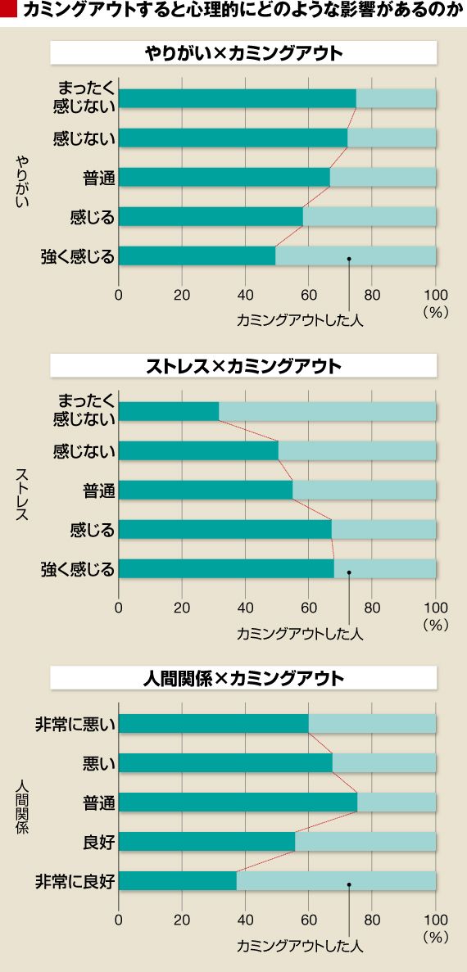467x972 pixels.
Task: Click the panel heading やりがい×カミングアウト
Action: click(x=243, y=53)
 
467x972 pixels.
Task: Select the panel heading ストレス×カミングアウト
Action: click(x=243, y=366)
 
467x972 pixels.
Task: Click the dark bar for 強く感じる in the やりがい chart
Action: click(x=197, y=256)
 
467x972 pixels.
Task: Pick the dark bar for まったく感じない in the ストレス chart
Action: click(x=169, y=412)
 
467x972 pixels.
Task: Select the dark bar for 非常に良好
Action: click(x=177, y=881)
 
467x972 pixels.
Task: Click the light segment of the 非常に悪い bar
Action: click(x=372, y=724)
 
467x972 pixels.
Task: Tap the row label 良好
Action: click(x=98, y=842)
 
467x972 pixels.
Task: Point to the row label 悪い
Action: click(x=98, y=763)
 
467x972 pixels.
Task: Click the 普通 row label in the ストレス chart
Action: click(x=98, y=491)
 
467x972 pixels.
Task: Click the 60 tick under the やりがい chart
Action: click(x=308, y=294)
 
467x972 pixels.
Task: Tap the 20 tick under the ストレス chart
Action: click(x=182, y=607)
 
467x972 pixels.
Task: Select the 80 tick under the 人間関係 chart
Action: click(x=372, y=920)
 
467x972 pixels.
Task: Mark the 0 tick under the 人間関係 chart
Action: click(x=119, y=920)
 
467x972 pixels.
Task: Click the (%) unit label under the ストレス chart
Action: click(x=435, y=626)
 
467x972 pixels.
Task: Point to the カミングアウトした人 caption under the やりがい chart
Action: click(x=300, y=321)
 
